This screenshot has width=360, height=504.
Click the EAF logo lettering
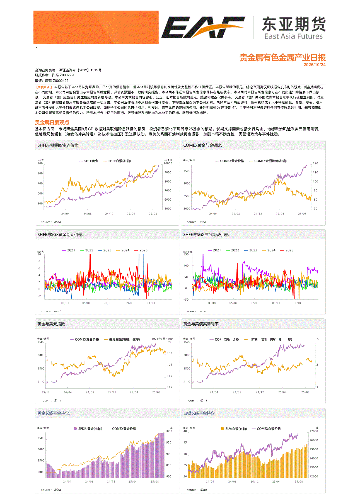click(x=203, y=27)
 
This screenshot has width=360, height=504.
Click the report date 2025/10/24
click(x=314, y=65)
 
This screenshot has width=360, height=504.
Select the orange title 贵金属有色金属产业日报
click(x=282, y=58)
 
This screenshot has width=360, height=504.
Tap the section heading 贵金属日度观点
click(x=52, y=122)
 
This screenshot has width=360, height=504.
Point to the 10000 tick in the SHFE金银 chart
click(x=168, y=164)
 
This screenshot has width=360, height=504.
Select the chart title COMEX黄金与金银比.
click(x=202, y=145)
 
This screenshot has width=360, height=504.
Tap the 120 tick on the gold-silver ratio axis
click(x=315, y=164)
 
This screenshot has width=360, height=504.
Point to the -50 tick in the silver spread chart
click(x=186, y=300)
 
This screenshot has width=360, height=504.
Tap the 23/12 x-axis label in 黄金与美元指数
click(x=45, y=392)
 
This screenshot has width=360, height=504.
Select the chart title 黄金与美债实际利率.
click(x=201, y=324)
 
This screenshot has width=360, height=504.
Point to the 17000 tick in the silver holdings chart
click(x=314, y=431)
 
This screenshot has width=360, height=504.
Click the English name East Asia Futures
click(x=293, y=36)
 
